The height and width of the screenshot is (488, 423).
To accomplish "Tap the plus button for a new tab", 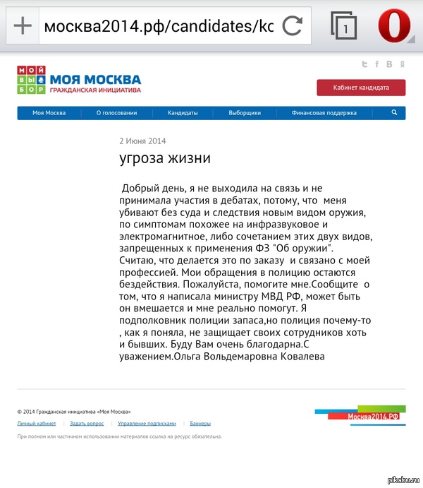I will click(23, 26).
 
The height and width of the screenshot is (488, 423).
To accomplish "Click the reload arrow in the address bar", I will click(292, 27).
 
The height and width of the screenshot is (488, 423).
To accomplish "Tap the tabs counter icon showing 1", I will click(343, 26).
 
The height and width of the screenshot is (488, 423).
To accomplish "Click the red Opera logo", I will click(394, 27).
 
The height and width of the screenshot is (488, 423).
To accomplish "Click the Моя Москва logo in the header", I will click(79, 80).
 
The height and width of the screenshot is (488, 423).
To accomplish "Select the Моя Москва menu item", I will click(49, 113).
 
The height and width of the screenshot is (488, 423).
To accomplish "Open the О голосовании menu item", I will click(116, 113).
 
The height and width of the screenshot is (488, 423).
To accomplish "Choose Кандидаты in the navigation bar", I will click(183, 113).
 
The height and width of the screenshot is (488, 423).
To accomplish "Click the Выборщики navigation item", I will click(245, 113).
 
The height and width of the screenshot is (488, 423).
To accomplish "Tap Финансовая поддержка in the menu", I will click(324, 113).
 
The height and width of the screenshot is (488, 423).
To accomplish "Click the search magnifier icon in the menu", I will click(394, 112).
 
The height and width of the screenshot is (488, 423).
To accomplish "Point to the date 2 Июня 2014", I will click(142, 141).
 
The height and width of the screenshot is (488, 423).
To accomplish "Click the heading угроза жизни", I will click(165, 158).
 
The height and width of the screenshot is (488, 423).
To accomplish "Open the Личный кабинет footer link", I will click(37, 424).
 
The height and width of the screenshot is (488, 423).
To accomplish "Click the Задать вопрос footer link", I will click(87, 424).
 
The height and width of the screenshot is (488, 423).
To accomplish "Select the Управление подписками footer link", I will click(147, 424).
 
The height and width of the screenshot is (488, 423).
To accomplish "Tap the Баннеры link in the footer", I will click(200, 424).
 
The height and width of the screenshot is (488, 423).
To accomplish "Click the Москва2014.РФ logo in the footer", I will click(374, 416).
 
